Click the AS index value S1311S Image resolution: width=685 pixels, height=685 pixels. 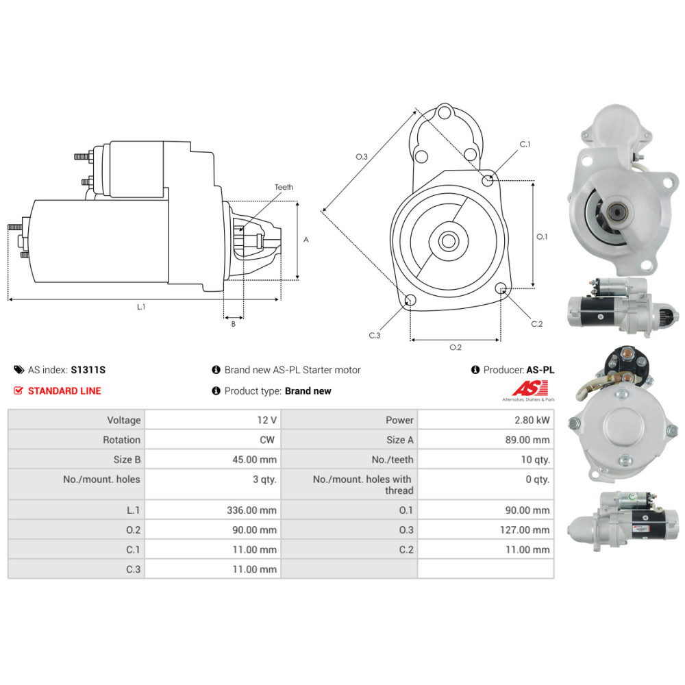(x=88, y=370)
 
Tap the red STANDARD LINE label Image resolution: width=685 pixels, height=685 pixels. (x=64, y=391)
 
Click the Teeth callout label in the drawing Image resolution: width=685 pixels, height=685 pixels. (x=284, y=187)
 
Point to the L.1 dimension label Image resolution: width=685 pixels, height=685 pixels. (x=140, y=308)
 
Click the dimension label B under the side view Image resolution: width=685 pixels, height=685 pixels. (x=233, y=324)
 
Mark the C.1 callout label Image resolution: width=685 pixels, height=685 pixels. (x=525, y=145)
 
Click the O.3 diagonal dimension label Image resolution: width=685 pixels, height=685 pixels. (x=362, y=157)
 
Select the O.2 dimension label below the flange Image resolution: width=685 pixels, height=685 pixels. (x=455, y=347)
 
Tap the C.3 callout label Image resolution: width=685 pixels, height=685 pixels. (x=374, y=336)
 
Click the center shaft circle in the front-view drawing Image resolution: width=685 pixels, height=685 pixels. (x=449, y=241)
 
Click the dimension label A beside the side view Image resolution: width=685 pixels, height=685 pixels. (x=306, y=240)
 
